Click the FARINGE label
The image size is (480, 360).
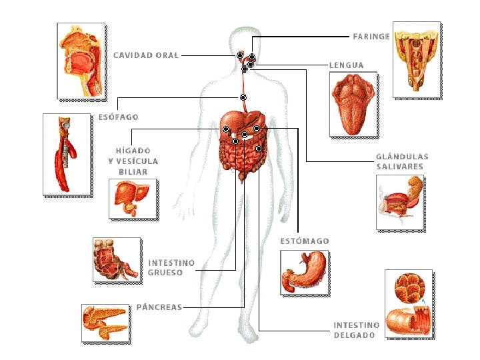pos(371,36)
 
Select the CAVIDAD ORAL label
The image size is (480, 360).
pos(146,55)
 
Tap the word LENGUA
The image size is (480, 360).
pos(347,65)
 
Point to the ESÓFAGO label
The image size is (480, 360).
pos(118,117)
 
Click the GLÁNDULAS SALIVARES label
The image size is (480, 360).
pos(402,161)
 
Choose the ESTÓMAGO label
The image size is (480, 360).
pos(303,241)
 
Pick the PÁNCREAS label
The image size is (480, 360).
pos(159,307)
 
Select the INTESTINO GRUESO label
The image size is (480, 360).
pos(171,267)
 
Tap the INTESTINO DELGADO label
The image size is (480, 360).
pos(357,330)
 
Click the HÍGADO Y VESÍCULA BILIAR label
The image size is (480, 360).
pos(133,161)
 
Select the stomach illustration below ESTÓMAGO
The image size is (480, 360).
pos(305,271)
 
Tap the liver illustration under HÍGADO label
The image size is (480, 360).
pos(133,199)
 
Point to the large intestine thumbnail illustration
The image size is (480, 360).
pos(116,260)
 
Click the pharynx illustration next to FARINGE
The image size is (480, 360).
pos(417,59)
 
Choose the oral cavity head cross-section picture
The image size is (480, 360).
pos(82,61)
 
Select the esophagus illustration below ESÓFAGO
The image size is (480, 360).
pos(66,155)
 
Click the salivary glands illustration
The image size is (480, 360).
pos(401,201)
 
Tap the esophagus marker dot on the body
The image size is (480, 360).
pos(243,97)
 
